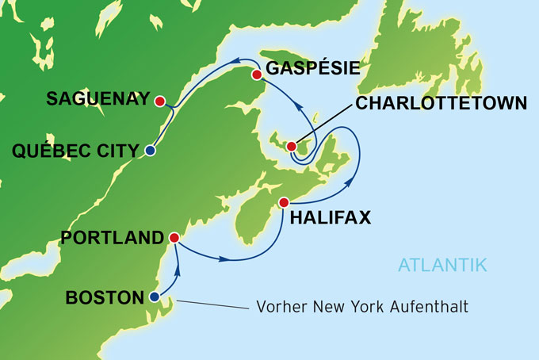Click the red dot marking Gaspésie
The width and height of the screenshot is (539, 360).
pos(256,75)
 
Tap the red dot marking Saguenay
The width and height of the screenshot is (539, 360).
pos(160,101)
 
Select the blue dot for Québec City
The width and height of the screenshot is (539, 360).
pos(150,150)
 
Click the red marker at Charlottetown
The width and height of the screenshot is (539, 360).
pos(292,146)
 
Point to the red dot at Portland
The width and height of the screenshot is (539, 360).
pos(174,237)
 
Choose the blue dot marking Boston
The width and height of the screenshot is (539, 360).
pos(154,297)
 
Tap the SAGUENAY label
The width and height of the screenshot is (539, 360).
pos(97,100)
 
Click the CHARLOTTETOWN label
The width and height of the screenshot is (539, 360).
pos(442,103)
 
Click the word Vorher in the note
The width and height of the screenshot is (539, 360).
pos(280,306)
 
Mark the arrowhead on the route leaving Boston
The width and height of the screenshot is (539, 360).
pos(177,270)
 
